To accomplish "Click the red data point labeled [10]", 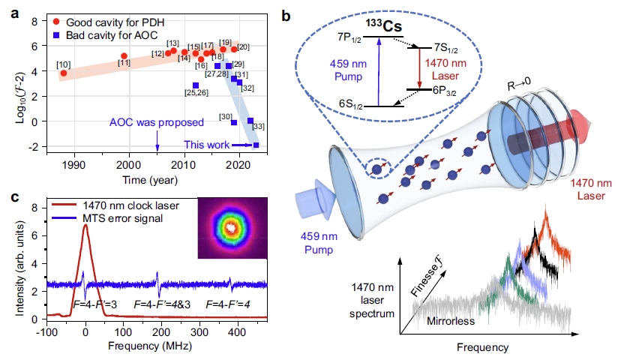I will pyautogui.click(x=64, y=73).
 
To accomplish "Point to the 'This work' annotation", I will pyautogui.click(x=204, y=145).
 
